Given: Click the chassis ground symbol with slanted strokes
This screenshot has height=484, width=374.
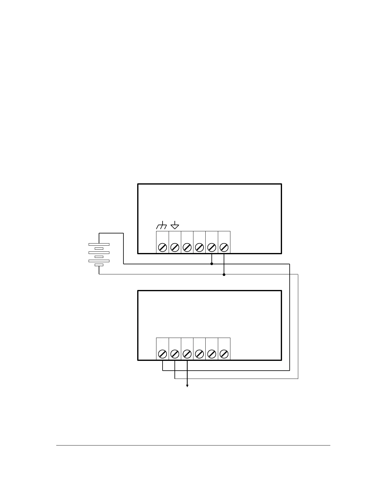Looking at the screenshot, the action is click(161, 226).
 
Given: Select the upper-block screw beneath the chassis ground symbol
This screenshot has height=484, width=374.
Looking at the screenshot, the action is click(163, 247).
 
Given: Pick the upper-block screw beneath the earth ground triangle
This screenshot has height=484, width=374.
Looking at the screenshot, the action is click(175, 247).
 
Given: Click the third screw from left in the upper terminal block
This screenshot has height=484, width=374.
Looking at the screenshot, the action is click(187, 247).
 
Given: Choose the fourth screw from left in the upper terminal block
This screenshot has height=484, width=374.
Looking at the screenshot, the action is click(199, 247).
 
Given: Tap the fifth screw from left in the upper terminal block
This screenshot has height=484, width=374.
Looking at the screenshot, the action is click(211, 247).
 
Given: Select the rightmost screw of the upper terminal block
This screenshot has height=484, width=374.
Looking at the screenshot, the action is click(224, 247).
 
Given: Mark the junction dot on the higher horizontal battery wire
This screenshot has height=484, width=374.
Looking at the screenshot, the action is click(212, 264).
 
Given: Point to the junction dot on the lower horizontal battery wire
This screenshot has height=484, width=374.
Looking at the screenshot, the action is click(224, 274).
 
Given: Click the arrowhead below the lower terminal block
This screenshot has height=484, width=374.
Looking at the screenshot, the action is click(187, 386).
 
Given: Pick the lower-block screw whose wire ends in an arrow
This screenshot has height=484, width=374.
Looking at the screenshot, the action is click(187, 354).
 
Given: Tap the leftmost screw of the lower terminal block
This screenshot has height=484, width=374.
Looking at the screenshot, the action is click(163, 354).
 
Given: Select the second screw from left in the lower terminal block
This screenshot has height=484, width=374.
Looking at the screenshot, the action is click(175, 354).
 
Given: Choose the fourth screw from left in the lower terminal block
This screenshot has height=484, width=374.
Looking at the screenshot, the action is click(199, 354).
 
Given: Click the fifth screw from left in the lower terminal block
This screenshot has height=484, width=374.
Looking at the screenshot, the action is click(211, 354).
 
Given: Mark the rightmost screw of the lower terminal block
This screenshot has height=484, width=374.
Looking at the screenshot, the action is click(224, 354).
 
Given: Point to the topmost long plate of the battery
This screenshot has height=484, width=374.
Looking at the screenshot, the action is click(99, 244).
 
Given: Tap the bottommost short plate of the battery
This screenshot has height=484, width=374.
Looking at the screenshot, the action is click(99, 265).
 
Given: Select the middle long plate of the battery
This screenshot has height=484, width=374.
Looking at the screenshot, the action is click(99, 253).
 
